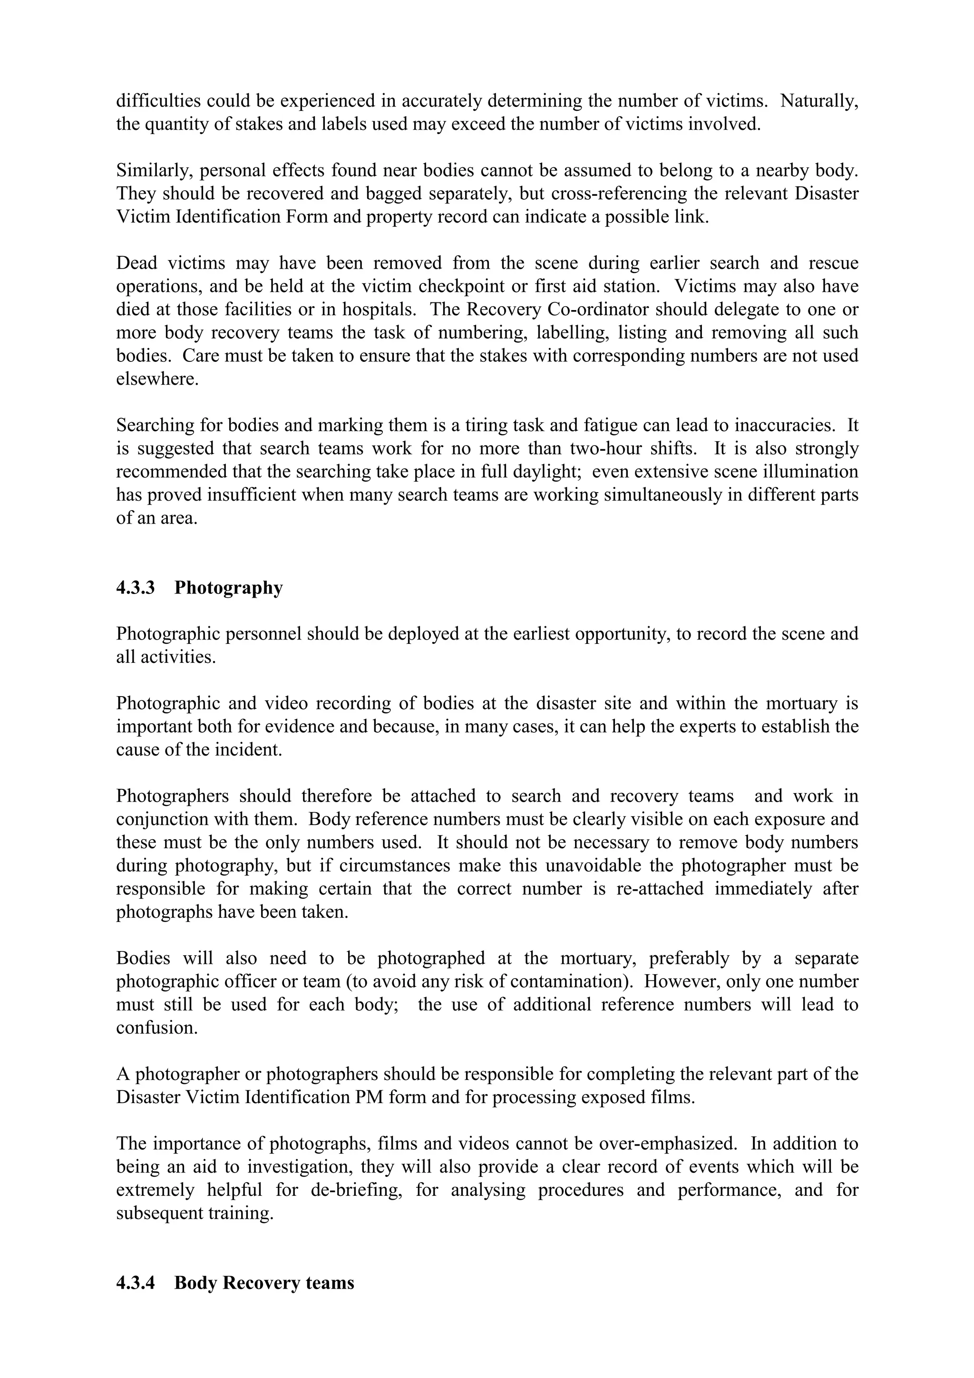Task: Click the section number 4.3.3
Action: click(x=135, y=588)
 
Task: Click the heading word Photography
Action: click(x=228, y=588)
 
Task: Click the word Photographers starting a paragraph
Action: click(x=172, y=796)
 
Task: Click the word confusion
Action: click(x=156, y=1028)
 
